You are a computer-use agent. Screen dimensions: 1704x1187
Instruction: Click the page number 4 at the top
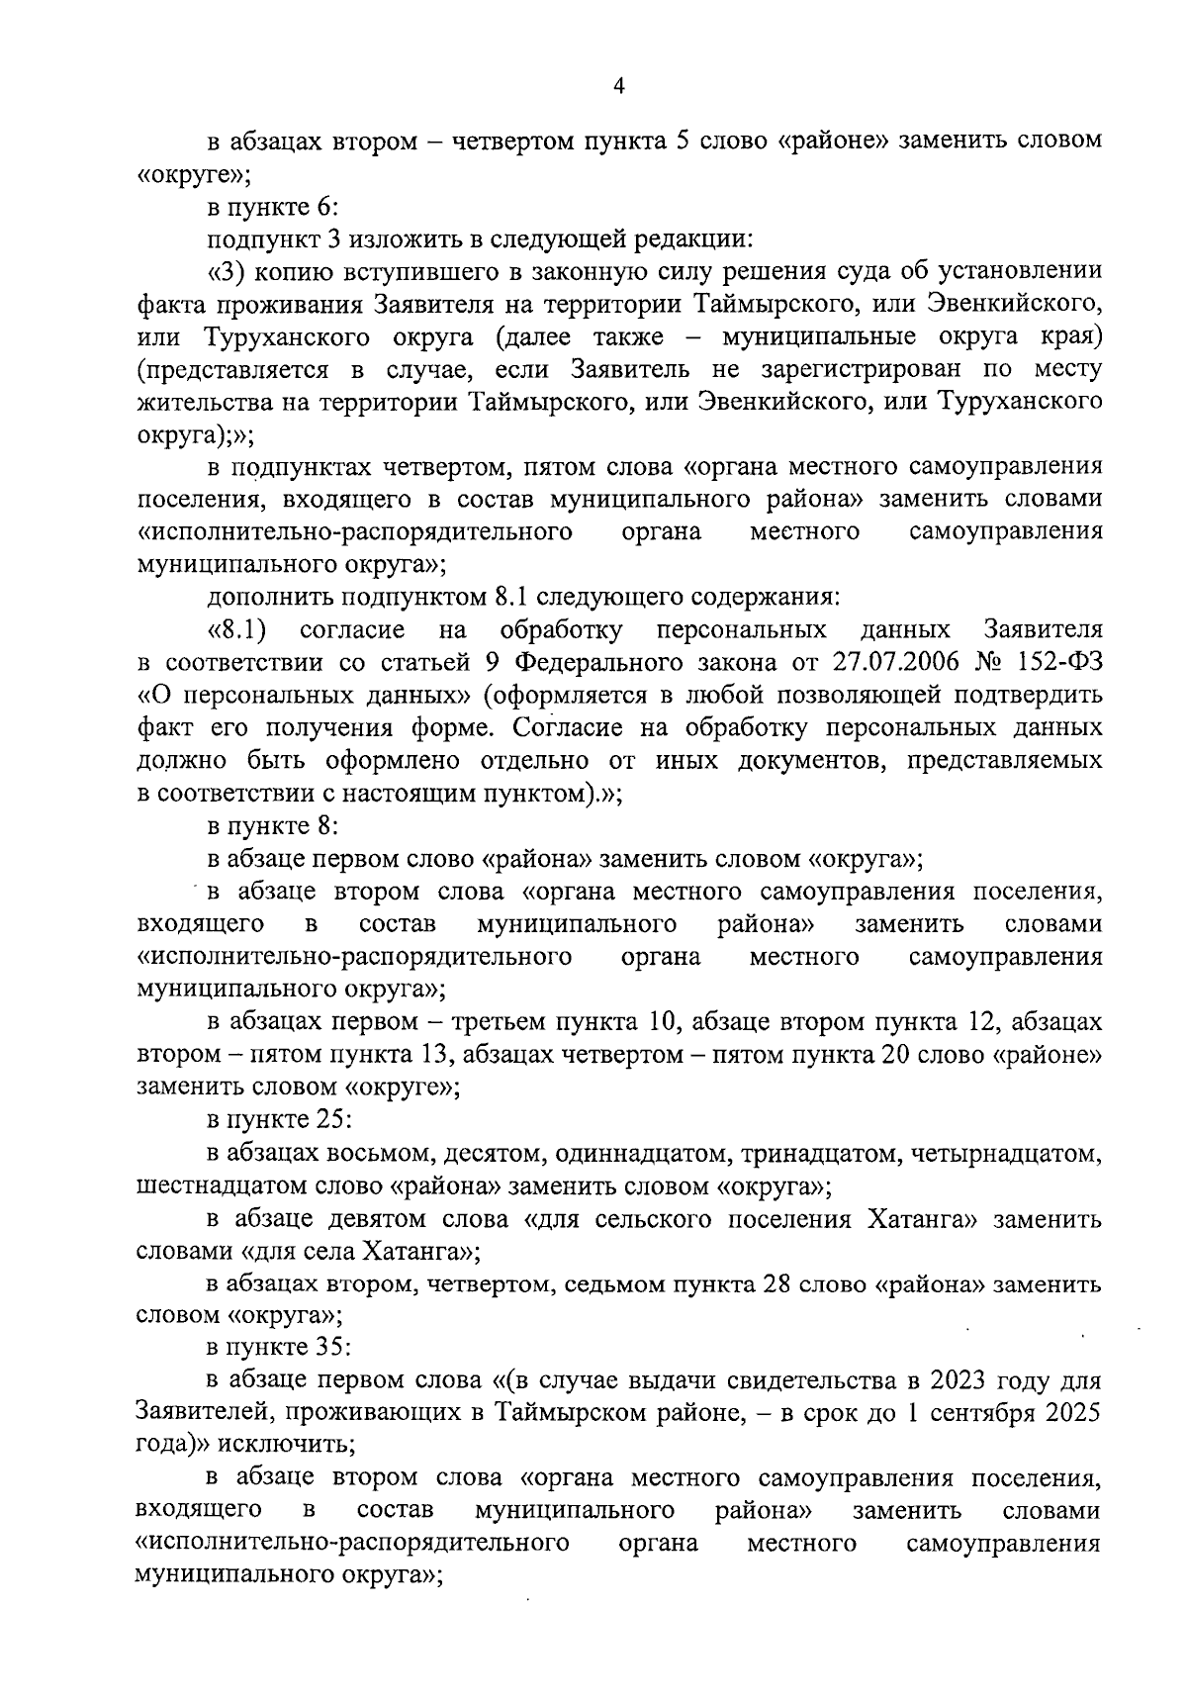click(x=619, y=86)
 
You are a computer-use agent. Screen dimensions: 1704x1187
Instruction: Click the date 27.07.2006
click(x=894, y=662)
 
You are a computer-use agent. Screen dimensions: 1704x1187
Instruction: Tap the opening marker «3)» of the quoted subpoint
click(x=230, y=272)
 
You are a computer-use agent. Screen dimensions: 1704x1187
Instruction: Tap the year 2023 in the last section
click(x=944, y=1379)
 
